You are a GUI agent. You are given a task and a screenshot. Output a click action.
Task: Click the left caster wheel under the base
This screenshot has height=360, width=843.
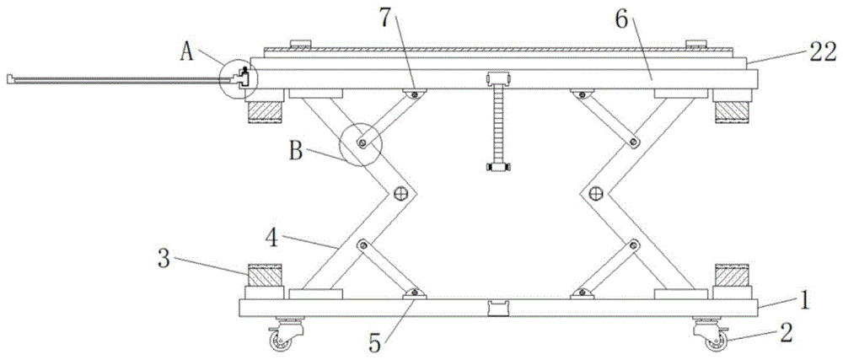pyautogui.click(x=278, y=340)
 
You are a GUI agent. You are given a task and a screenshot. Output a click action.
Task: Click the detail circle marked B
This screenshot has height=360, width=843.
pyautogui.click(x=361, y=145)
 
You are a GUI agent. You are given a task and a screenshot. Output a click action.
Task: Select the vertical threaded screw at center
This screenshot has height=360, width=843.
pyautogui.click(x=497, y=126)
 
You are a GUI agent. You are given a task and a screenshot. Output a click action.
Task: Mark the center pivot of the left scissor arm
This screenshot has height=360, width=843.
pyautogui.click(x=400, y=195)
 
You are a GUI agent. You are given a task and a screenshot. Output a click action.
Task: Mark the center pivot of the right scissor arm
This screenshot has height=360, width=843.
pyautogui.click(x=595, y=195)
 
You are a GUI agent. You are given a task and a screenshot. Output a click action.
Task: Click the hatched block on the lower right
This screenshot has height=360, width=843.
pyautogui.click(x=730, y=275)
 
